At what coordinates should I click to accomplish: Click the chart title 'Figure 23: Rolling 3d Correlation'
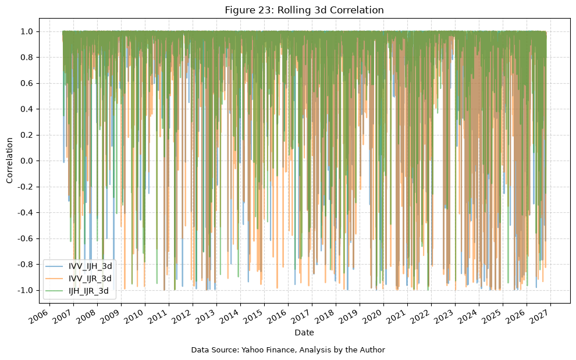(x=304, y=10)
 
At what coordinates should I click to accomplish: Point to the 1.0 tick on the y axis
(x=28, y=31)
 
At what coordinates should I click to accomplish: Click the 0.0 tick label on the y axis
(x=28, y=161)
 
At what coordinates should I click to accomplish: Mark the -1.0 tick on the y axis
(x=26, y=290)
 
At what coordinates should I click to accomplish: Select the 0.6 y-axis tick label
(x=28, y=83)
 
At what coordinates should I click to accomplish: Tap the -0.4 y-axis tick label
(x=26, y=213)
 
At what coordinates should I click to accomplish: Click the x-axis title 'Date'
(x=304, y=333)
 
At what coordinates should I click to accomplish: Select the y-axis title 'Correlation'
(x=9, y=161)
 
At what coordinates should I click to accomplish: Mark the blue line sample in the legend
(x=55, y=266)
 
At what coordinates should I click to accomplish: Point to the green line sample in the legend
(x=55, y=291)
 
